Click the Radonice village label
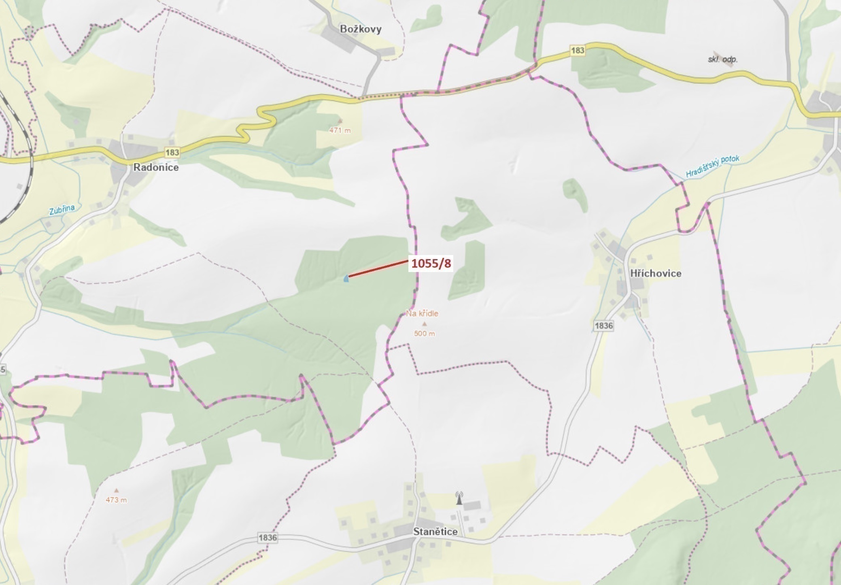pyautogui.click(x=156, y=167)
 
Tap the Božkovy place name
pyautogui.click(x=361, y=29)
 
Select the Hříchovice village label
pyautogui.click(x=656, y=273)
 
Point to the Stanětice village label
pyautogui.click(x=435, y=532)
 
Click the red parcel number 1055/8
pyautogui.click(x=431, y=264)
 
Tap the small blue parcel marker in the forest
pyautogui.click(x=346, y=279)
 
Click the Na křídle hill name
pyautogui.click(x=422, y=313)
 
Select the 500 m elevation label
pyautogui.click(x=425, y=334)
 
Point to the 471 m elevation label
pyautogui.click(x=340, y=130)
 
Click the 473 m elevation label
pyautogui.click(x=116, y=500)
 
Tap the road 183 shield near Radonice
pyautogui.click(x=172, y=152)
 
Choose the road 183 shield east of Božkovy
pyautogui.click(x=578, y=50)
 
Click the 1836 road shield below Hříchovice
pyautogui.click(x=603, y=325)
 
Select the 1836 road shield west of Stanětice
pyautogui.click(x=268, y=538)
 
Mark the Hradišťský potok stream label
pyautogui.click(x=712, y=166)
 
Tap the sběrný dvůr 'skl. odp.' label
pyautogui.click(x=722, y=60)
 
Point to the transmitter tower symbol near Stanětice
pyautogui.click(x=459, y=498)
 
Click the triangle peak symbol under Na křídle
pyautogui.click(x=424, y=324)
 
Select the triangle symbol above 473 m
pyautogui.click(x=117, y=490)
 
